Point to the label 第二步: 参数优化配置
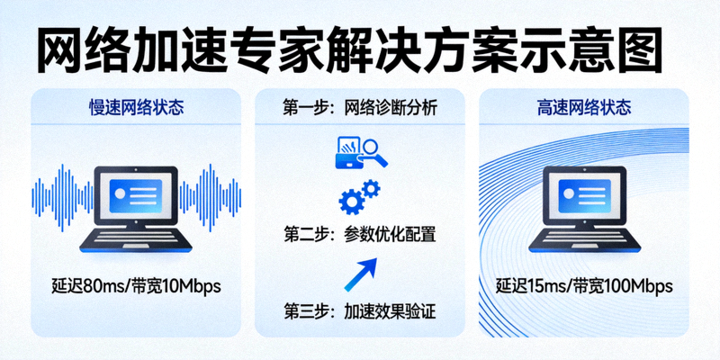coord(360,236)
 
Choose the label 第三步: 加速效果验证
coord(360,312)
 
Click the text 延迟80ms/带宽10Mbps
coord(136,287)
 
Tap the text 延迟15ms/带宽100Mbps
coord(584,287)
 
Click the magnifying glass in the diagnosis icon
coord(376,153)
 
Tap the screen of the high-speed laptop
coord(585,192)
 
